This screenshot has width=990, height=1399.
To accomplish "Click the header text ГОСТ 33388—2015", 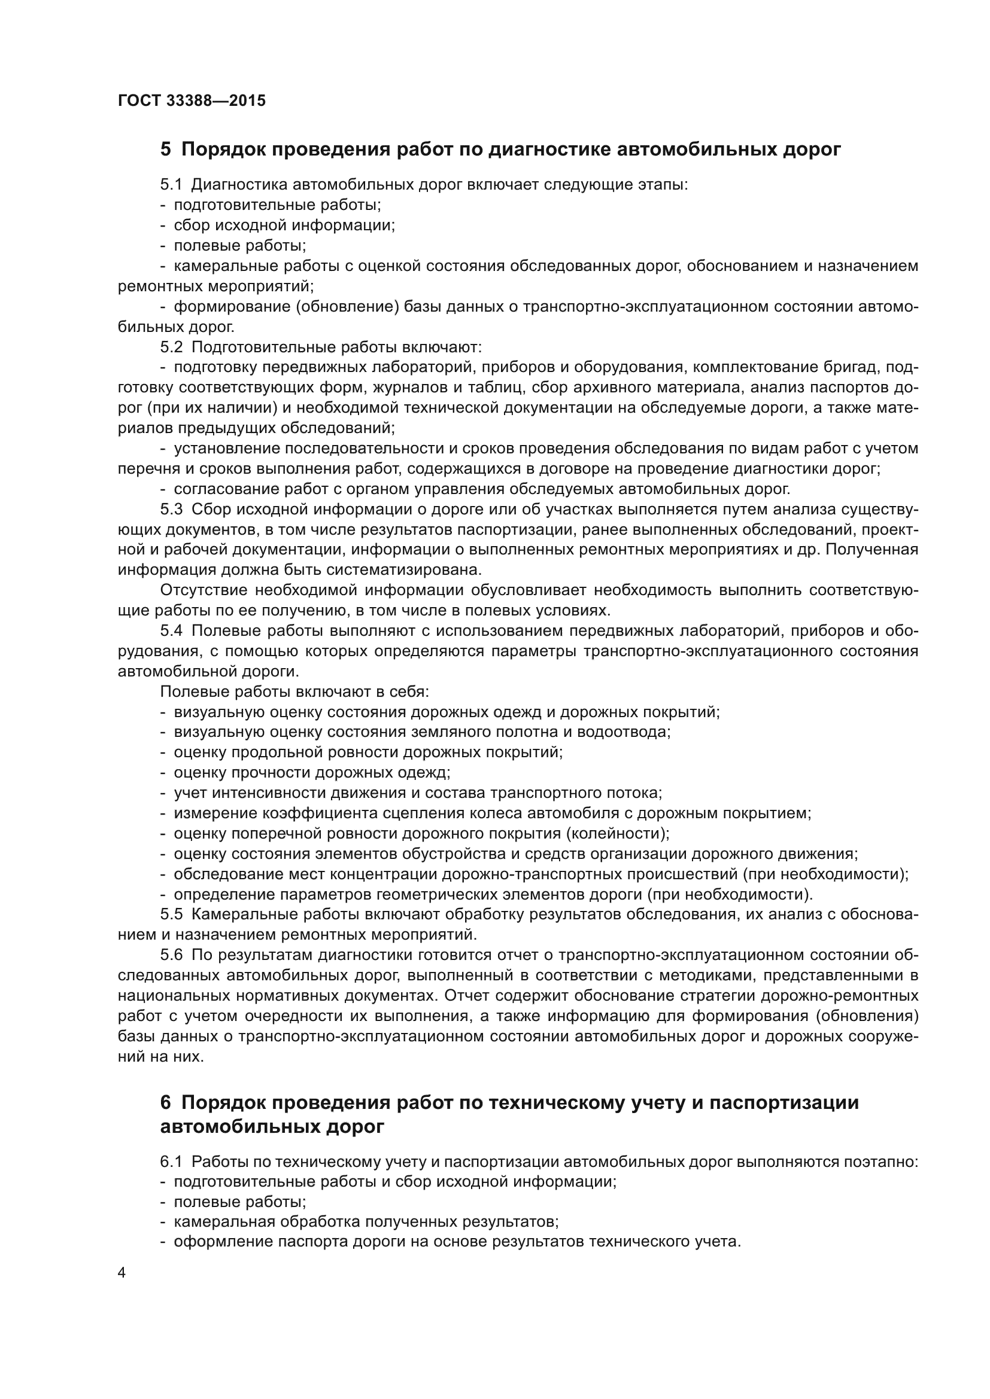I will click(192, 100).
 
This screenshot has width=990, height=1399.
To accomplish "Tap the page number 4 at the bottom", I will click(122, 1273).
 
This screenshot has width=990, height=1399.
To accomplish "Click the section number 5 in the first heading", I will click(166, 150).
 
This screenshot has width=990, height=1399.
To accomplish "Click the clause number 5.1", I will click(171, 185).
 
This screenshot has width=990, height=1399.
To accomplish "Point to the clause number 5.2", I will click(171, 348).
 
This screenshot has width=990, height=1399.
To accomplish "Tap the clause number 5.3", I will click(171, 510).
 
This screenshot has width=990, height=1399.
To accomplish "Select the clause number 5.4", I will click(171, 630).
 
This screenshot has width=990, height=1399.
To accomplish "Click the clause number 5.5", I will click(171, 915).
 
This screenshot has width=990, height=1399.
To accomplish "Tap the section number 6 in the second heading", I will click(166, 1103).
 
